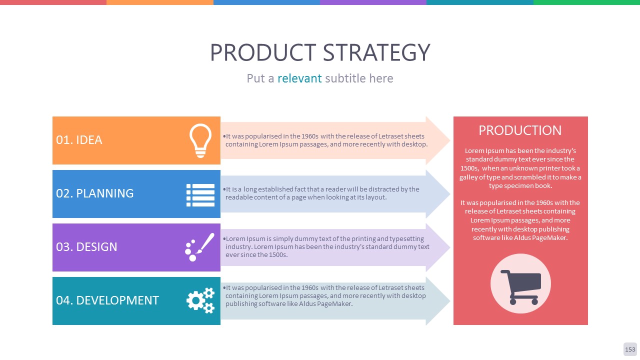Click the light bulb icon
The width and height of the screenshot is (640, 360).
pyautogui.click(x=200, y=140)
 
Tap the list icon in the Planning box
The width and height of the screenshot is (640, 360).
pyautogui.click(x=200, y=195)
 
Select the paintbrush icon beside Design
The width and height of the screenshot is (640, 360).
pyautogui.click(x=199, y=247)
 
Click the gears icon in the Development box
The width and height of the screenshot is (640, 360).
pyautogui.click(x=200, y=300)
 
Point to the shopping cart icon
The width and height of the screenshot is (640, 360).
pyautogui.click(x=520, y=287)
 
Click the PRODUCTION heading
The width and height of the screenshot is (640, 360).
pyautogui.click(x=520, y=130)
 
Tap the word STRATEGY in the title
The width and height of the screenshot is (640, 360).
pyautogui.click(x=376, y=52)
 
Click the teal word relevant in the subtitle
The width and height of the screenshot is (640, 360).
pyautogui.click(x=299, y=78)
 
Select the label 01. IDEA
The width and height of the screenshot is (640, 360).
pyautogui.click(x=79, y=140)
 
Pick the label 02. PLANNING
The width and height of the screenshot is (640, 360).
pyautogui.click(x=95, y=193)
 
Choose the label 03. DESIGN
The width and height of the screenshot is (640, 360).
pyautogui.click(x=86, y=247)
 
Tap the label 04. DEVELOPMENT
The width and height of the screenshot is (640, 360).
pyautogui.click(x=107, y=300)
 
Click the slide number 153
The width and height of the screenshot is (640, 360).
pyautogui.click(x=630, y=349)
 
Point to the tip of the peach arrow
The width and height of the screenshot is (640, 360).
pyautogui.click(x=450, y=140)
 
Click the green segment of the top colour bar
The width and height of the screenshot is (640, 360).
pyautogui.click(x=586, y=2)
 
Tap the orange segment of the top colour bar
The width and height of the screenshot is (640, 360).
pyautogui.click(x=160, y=2)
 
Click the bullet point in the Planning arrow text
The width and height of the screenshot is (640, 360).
pyautogui.click(x=224, y=189)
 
